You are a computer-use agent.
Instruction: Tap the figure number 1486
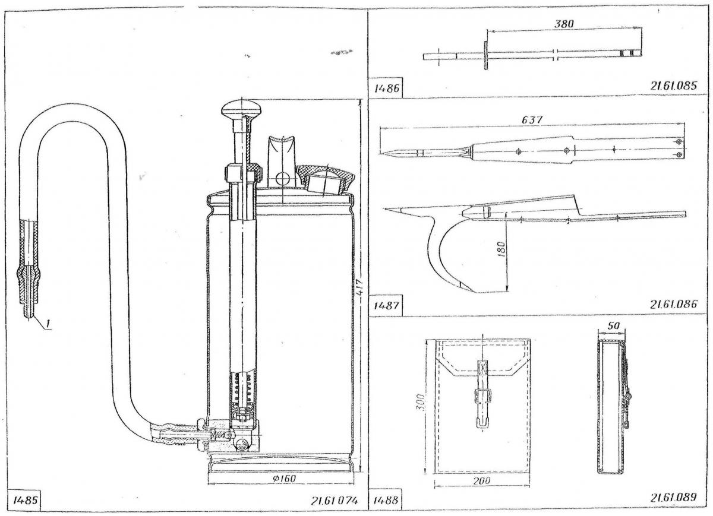(386, 89)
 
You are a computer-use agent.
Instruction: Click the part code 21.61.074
(334, 501)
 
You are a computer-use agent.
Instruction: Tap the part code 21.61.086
(673, 305)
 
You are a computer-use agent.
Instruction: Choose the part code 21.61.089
(673, 498)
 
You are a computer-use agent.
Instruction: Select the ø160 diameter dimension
(282, 479)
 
